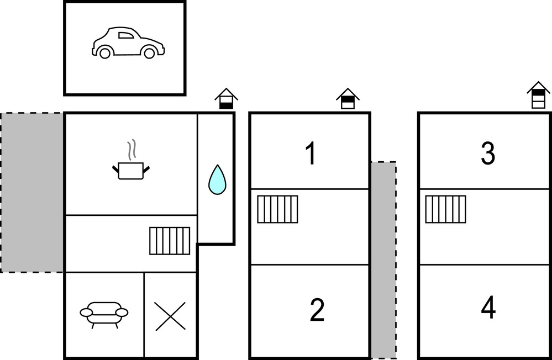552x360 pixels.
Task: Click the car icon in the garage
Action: [x=128, y=43]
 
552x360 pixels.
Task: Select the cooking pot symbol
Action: [x=131, y=170]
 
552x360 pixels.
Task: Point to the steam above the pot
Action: [x=131, y=149]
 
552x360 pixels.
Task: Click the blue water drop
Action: [x=217, y=180]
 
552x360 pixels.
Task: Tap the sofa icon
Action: [x=104, y=314]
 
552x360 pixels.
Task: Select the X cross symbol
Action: [x=170, y=316]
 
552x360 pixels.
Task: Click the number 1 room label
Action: [x=311, y=154]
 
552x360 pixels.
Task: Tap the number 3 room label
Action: [x=487, y=154]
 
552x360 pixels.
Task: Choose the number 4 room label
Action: [x=488, y=308]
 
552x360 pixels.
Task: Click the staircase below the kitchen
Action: [x=170, y=241]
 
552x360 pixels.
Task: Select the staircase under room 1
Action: [x=277, y=209]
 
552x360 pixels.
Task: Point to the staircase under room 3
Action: [x=445, y=209]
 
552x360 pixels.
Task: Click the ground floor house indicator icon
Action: [x=226, y=99]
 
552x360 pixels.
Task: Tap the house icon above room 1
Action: [x=348, y=99]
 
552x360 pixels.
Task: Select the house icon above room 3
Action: [x=538, y=95]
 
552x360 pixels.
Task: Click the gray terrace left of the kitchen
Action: [x=31, y=192]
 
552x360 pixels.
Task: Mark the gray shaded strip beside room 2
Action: [x=383, y=260]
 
